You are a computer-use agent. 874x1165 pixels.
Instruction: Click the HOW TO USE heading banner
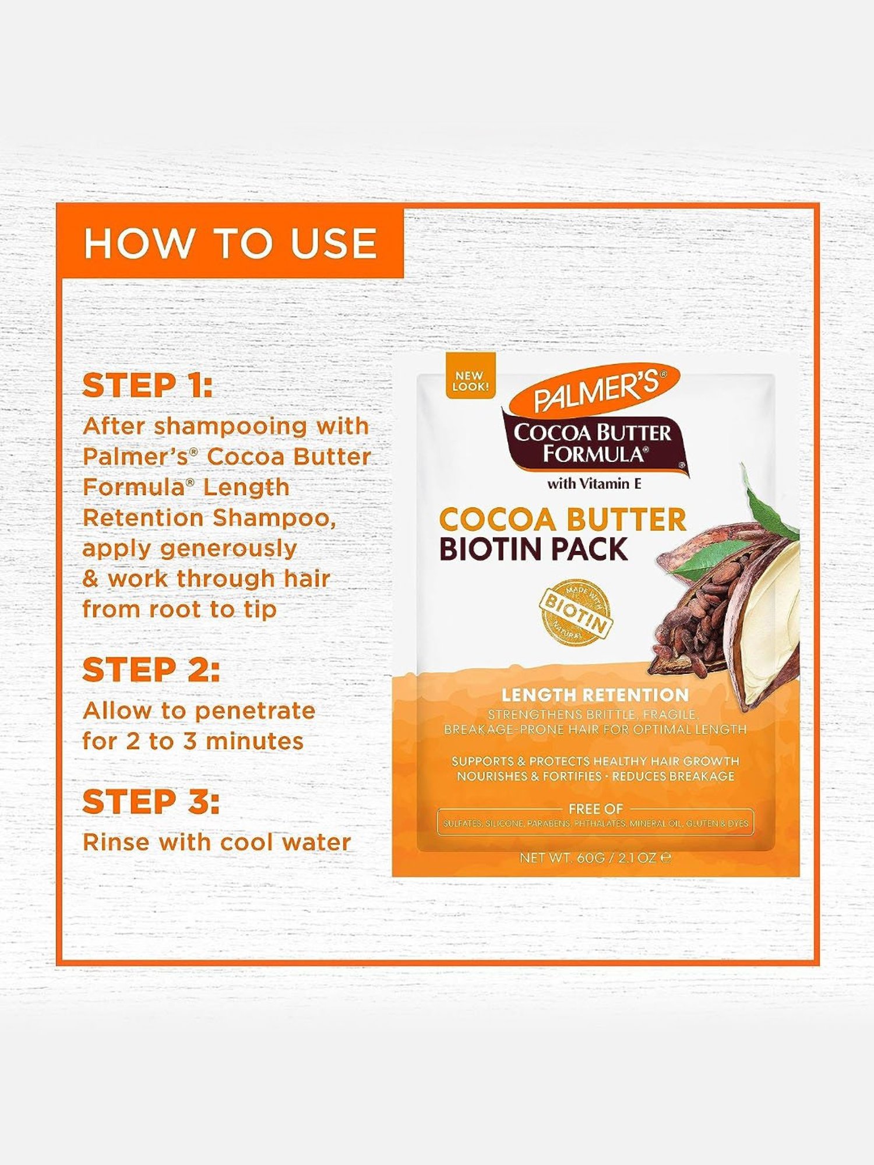(230, 242)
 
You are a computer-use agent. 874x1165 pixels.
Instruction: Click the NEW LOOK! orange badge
(470, 380)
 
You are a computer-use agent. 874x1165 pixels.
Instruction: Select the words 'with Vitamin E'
(594, 483)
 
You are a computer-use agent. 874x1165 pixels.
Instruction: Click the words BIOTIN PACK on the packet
(533, 549)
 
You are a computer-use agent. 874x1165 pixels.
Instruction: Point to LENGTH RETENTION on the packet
(595, 695)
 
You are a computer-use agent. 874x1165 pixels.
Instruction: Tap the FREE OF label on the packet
(595, 809)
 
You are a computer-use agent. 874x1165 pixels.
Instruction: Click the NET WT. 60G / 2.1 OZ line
(595, 857)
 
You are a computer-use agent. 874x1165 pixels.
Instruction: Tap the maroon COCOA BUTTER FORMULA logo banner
(593, 443)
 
